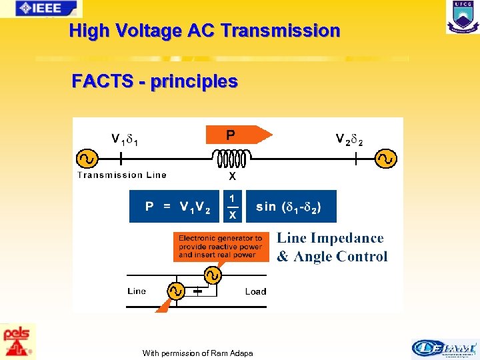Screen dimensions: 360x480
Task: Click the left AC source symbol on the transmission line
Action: click(x=87, y=159)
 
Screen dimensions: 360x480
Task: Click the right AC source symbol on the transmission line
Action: click(x=386, y=159)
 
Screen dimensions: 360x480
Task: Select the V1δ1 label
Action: click(x=125, y=140)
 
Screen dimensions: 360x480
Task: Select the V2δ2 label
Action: click(x=349, y=140)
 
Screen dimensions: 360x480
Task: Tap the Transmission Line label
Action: click(x=122, y=175)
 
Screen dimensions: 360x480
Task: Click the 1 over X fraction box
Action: click(x=232, y=207)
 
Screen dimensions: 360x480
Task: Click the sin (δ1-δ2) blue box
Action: click(x=291, y=207)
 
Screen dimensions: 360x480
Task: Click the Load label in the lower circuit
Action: click(x=255, y=291)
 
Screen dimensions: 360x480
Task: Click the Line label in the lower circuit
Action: click(x=137, y=291)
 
